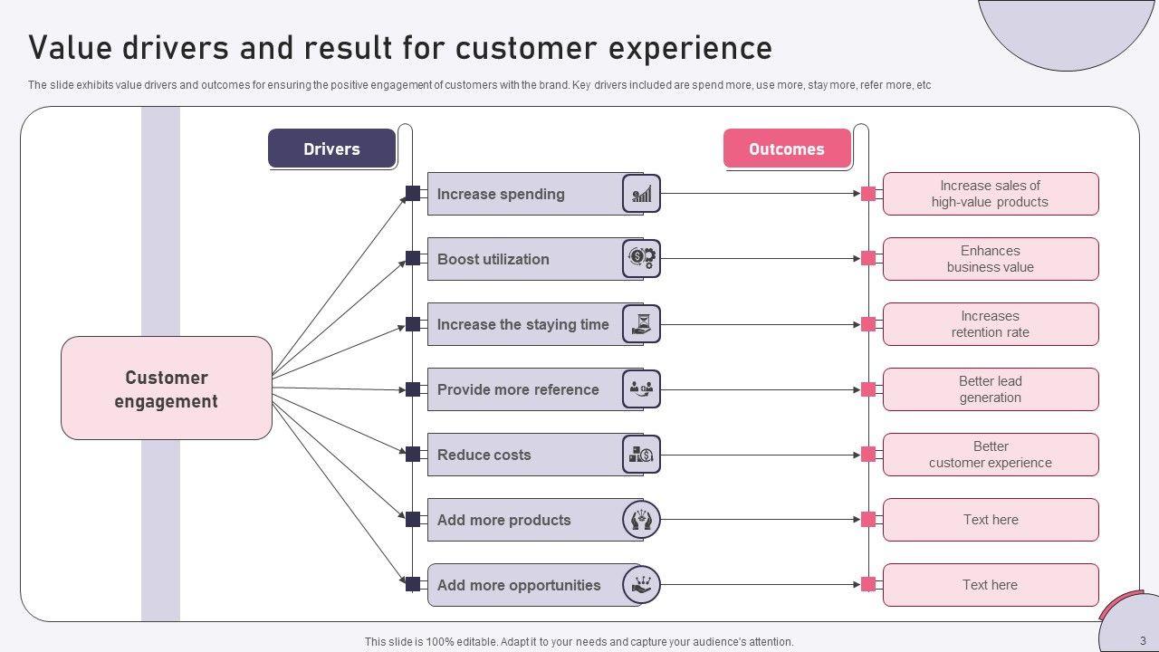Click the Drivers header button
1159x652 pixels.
[331, 149]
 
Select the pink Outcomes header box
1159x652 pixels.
[787, 149]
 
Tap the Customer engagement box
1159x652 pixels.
[167, 388]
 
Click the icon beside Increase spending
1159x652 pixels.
[642, 194]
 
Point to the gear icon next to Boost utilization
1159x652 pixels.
[642, 259]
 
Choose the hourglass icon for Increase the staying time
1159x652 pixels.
[642, 324]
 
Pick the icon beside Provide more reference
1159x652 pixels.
[642, 389]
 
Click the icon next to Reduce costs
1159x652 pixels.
[642, 455]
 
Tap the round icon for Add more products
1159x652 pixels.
[642, 520]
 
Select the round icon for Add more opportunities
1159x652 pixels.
[642, 585]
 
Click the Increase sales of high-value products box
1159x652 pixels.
[991, 194]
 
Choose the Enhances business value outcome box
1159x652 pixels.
[991, 259]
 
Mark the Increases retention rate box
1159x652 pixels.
[991, 324]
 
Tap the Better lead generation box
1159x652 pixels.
[991, 389]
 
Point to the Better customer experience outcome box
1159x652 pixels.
[991, 455]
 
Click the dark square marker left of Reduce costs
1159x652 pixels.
[413, 455]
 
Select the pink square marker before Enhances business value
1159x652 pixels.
[868, 259]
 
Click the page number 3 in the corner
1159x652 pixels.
[1143, 641]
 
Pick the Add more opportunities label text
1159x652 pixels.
[519, 585]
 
